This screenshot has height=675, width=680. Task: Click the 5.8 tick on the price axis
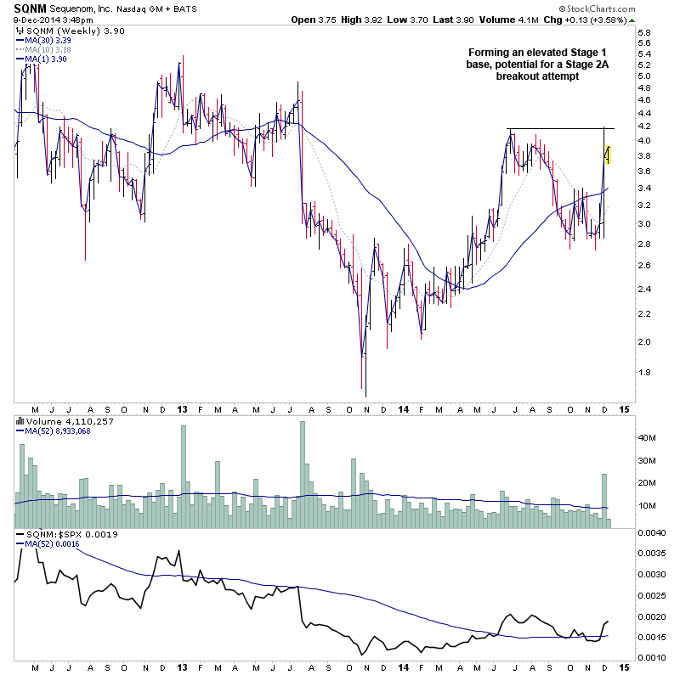coord(643,33)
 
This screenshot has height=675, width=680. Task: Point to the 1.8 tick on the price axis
coord(643,372)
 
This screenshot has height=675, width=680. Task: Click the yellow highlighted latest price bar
coord(608,154)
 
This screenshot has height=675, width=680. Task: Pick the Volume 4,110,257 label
coord(59,419)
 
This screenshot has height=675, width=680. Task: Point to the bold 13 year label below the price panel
coord(183,408)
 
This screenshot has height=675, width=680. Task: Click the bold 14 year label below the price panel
coord(402,408)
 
